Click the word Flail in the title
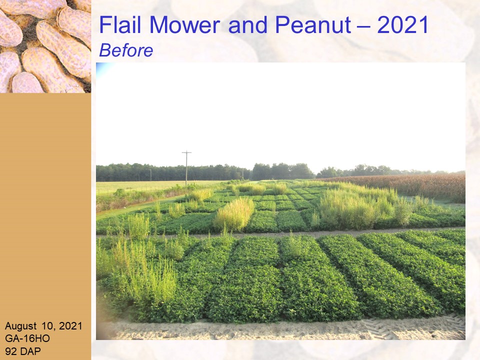coord(120,25)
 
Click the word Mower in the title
coord(185,25)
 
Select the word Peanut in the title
coord(313,25)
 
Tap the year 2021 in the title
coord(403,25)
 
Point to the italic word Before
coord(126,50)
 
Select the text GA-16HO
coord(27,338)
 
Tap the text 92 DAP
coord(22,351)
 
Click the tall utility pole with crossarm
coord(186,168)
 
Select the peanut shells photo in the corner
coord(45,46)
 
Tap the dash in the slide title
coord(363,25)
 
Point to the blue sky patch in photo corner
coord(102,69)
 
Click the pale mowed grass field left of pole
coord(144,186)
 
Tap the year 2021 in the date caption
coord(70,326)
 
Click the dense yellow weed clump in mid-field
coord(234,214)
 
